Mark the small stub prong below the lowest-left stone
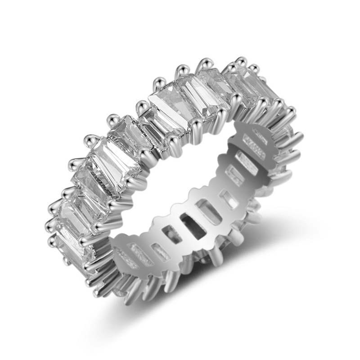pos(67,261)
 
